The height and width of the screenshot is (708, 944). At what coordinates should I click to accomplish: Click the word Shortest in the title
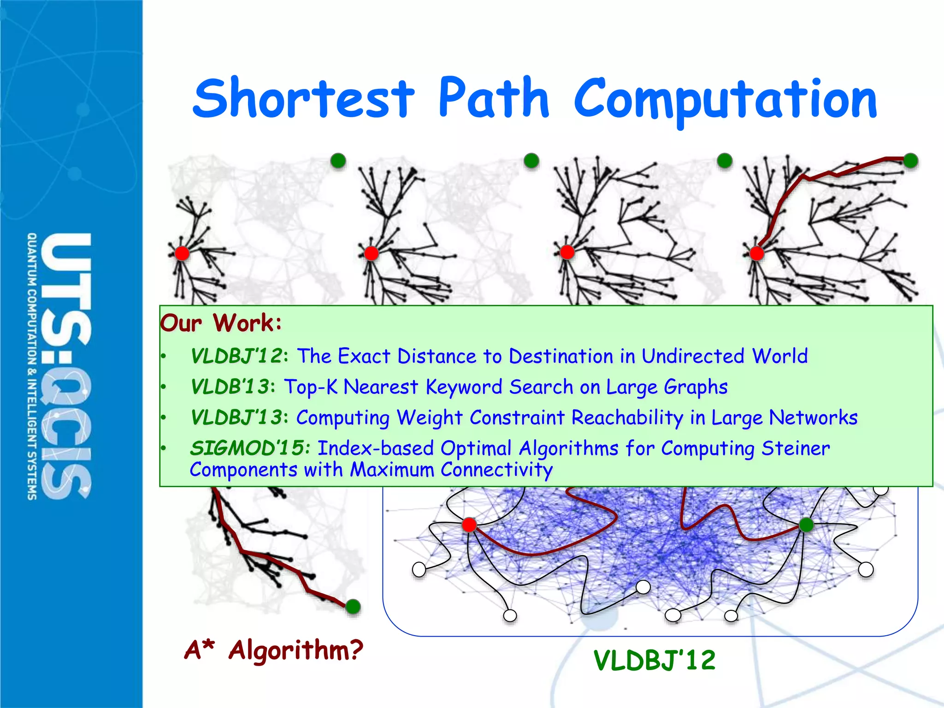pos(304,98)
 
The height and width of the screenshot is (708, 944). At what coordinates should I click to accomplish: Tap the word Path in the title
pos(493,98)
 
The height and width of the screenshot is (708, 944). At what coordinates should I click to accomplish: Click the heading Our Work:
pos(220,323)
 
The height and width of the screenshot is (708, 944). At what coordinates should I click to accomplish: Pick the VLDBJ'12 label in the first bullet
pos(236,356)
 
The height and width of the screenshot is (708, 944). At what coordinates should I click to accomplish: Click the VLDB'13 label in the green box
pos(230,387)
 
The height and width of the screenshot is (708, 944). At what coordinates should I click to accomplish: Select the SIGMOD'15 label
pos(248,448)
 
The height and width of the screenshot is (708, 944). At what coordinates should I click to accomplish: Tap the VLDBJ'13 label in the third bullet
pos(236,418)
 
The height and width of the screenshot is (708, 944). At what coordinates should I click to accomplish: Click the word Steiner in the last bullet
pos(796,448)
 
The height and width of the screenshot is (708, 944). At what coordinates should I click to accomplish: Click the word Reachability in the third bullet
pos(627,418)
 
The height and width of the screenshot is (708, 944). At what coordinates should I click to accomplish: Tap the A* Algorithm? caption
pos(274,650)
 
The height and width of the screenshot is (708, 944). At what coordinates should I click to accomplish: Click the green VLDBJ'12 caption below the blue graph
pos(655,660)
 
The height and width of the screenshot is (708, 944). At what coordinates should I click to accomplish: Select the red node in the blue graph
pos(469,525)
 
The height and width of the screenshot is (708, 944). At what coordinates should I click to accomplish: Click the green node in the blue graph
pos(806,525)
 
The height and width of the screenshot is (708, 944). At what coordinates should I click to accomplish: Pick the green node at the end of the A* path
pos(353,606)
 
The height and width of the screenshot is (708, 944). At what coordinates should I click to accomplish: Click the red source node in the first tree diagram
pos(182,253)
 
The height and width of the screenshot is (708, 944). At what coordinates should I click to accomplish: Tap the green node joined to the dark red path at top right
pos(910,160)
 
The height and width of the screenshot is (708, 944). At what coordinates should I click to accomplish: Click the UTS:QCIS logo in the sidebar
pos(60,366)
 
